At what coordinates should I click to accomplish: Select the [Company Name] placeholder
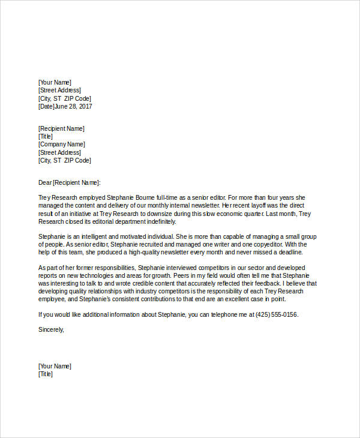point(61,145)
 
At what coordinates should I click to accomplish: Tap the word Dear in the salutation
point(44,182)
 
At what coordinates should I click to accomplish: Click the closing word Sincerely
point(50,329)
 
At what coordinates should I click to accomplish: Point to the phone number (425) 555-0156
point(277,314)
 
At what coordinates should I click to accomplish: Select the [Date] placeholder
point(46,107)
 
